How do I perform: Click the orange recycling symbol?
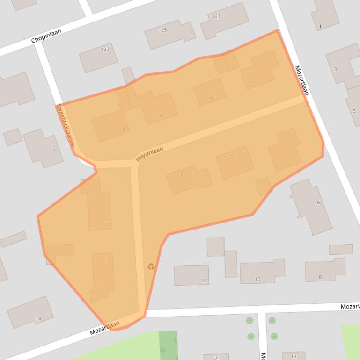point(151,266)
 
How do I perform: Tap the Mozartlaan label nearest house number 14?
point(105,329)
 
